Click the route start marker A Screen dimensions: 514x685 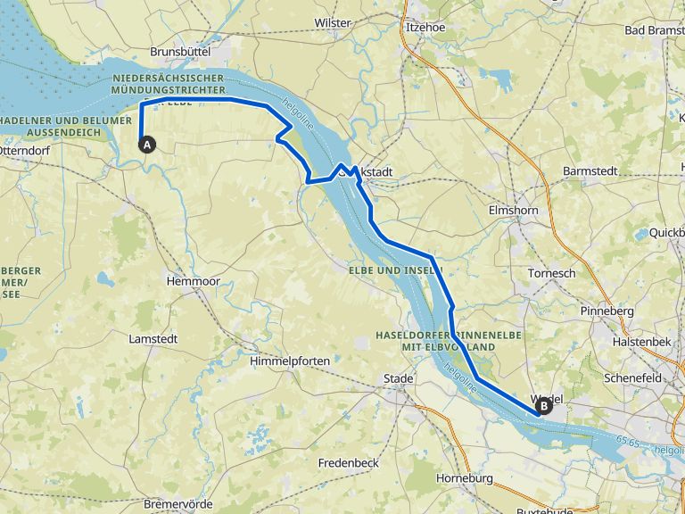147,143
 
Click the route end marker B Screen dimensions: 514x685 542,407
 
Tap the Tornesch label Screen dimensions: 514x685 552,273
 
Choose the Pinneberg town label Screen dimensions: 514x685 607,311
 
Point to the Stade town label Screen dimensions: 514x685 398,378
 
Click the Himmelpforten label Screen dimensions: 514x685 290,361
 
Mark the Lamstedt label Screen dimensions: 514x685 153,339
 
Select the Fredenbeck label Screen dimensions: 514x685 349,463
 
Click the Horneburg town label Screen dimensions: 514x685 465,478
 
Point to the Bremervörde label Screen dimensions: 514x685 178,504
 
